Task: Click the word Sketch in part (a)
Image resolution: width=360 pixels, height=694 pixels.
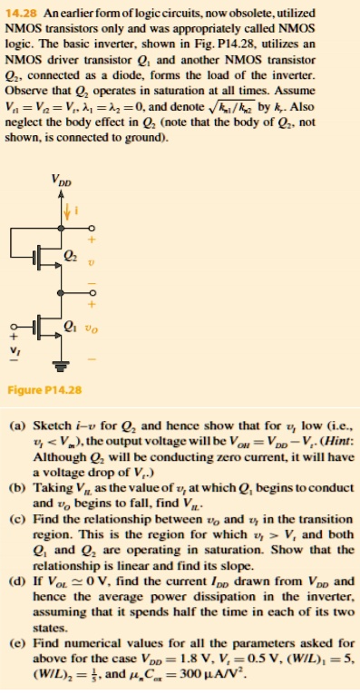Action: [x=48, y=424]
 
